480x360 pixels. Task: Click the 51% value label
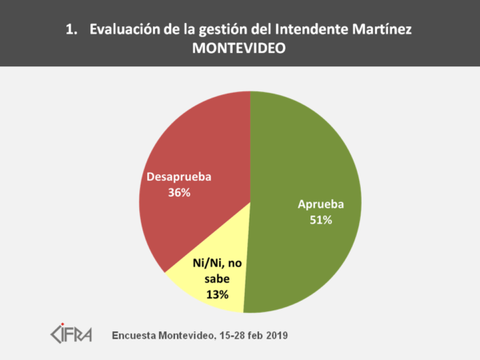(x=321, y=220)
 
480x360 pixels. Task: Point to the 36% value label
(x=180, y=193)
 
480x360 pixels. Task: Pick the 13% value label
(x=217, y=294)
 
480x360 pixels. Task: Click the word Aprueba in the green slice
(x=321, y=204)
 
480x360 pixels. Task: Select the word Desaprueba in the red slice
(x=179, y=177)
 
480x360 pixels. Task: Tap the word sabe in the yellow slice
(x=217, y=279)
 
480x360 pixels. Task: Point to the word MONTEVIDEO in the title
(x=239, y=48)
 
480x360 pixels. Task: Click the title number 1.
(x=70, y=30)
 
